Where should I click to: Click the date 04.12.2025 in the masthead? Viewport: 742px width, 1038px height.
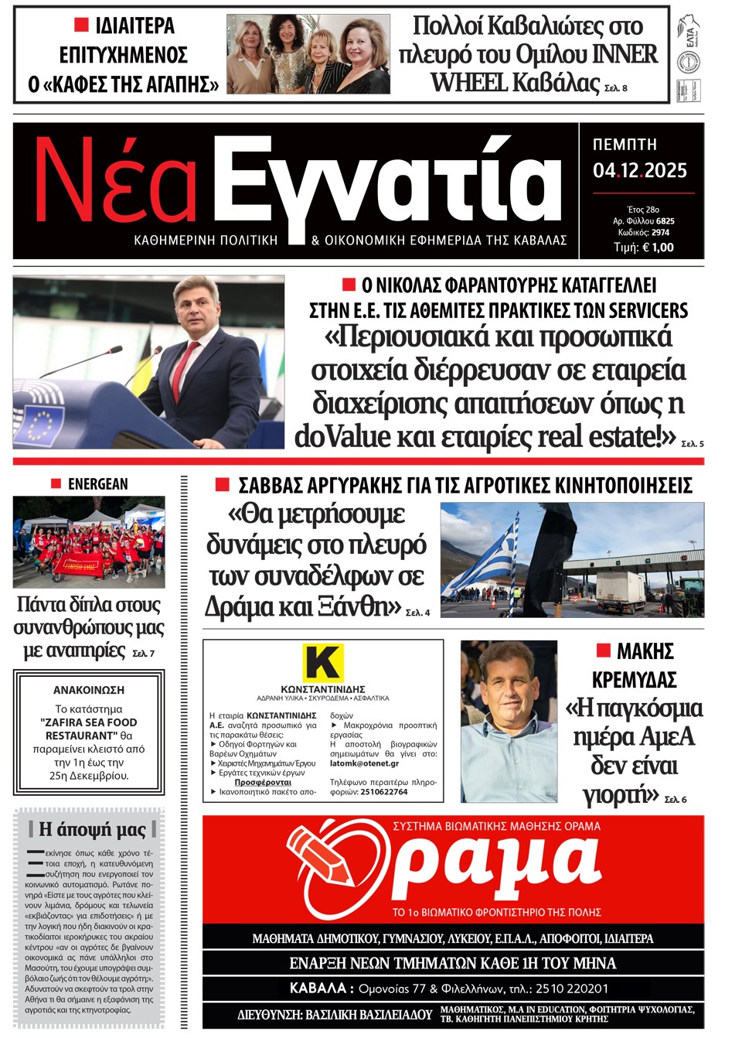639,171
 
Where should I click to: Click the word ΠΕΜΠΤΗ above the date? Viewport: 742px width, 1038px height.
625,145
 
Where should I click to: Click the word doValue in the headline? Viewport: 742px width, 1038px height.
342,437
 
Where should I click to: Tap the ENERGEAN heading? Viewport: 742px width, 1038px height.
97,484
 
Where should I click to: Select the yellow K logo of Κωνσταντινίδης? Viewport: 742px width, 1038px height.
322,662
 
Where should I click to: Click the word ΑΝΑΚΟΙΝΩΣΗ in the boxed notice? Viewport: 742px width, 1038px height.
89,690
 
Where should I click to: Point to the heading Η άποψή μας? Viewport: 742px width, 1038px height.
92,830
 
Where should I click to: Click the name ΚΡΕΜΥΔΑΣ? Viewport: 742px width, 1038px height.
634,680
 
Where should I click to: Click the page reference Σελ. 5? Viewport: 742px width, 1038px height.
693,444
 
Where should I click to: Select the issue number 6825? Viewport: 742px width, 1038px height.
665,221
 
